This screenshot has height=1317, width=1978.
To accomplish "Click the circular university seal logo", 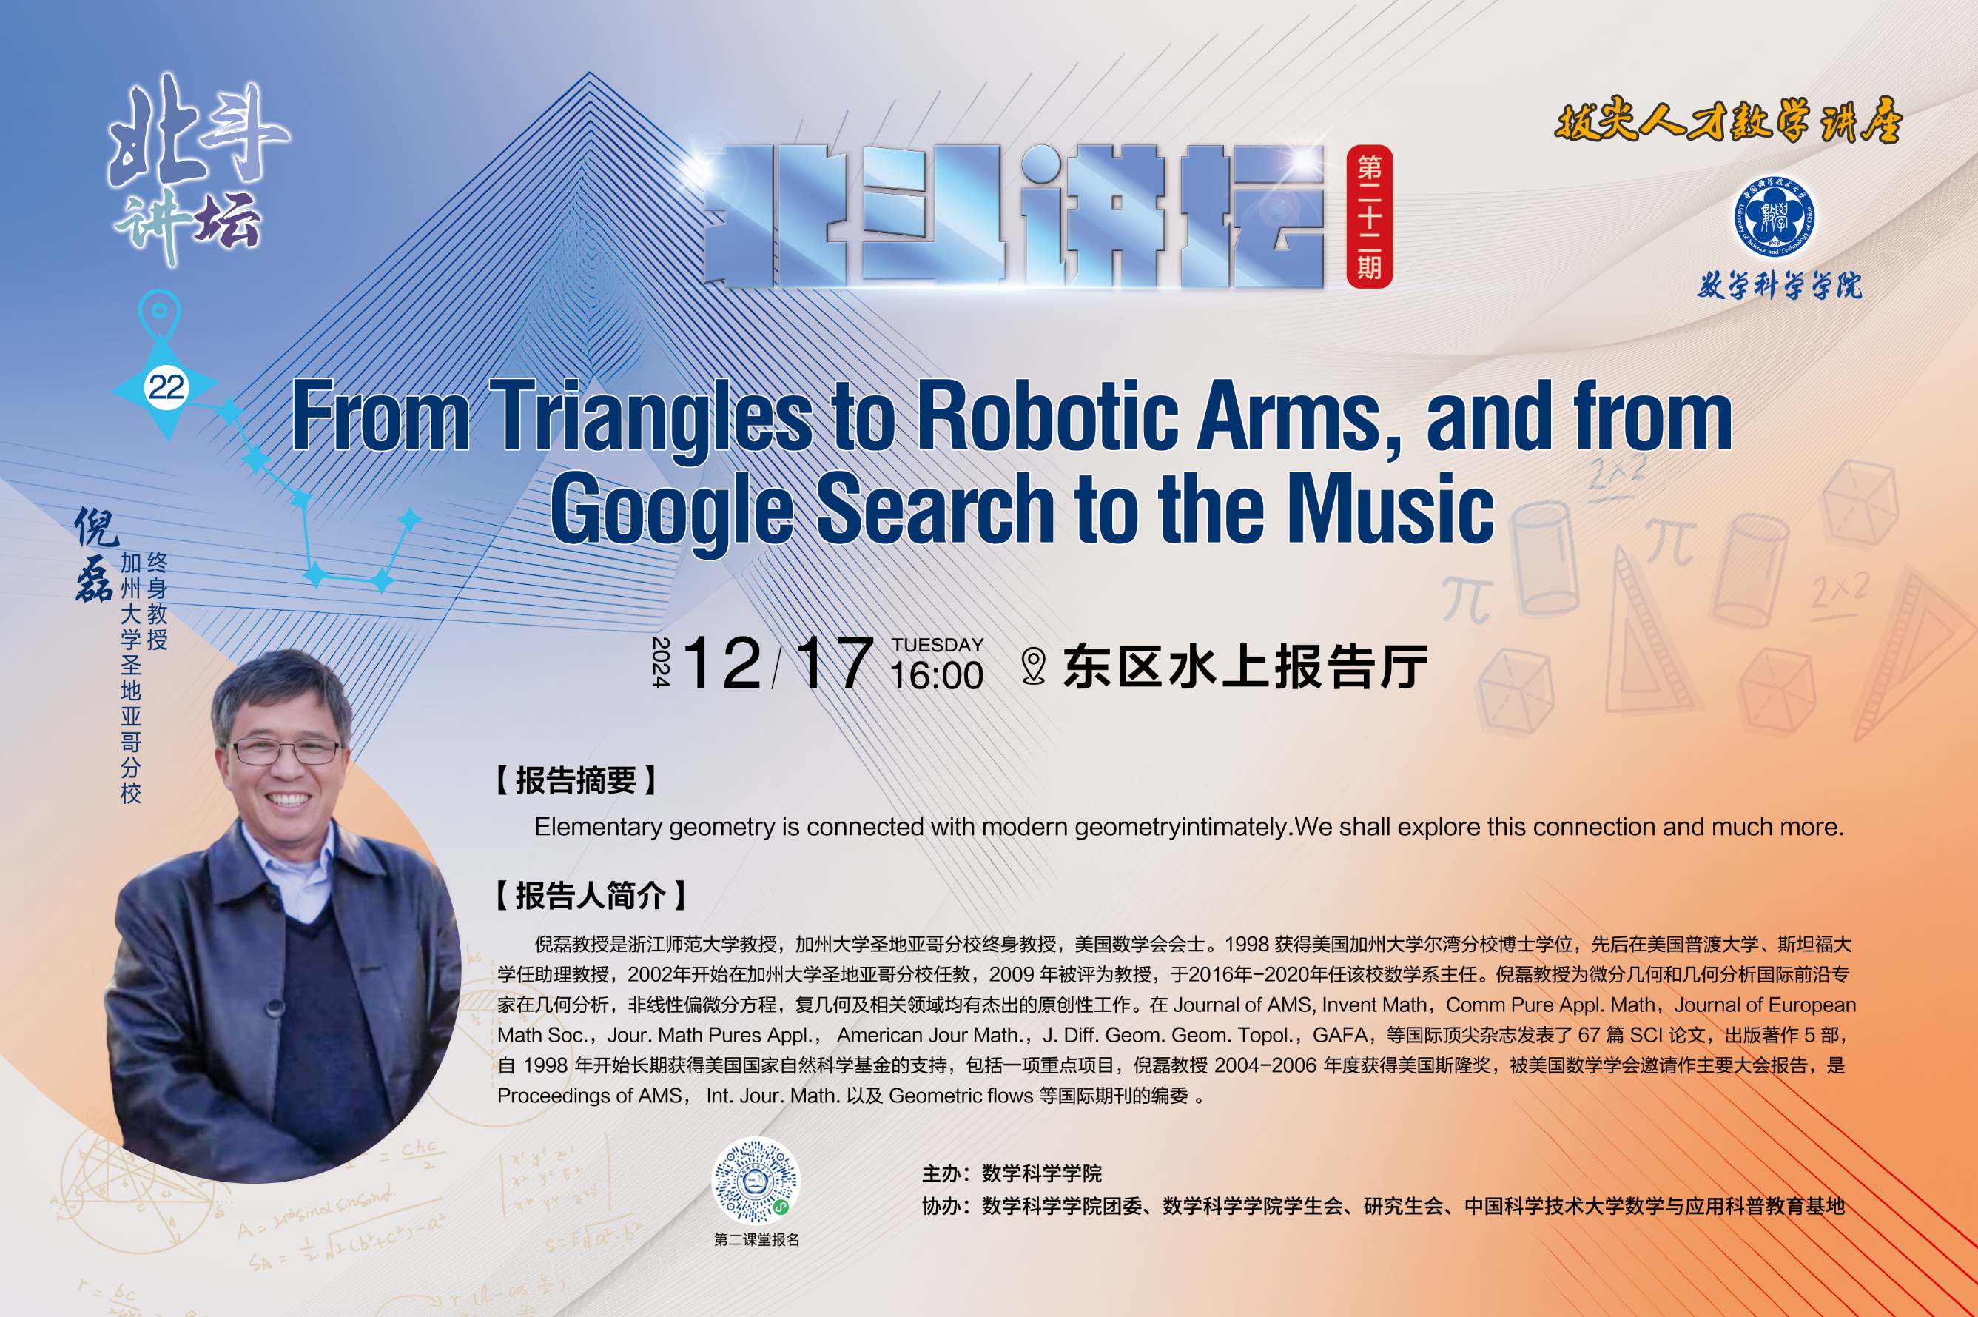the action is pyautogui.click(x=1774, y=217).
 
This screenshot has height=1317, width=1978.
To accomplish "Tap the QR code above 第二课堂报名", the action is pyautogui.click(x=756, y=1181).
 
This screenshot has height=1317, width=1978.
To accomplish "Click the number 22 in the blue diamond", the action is pyautogui.click(x=166, y=387).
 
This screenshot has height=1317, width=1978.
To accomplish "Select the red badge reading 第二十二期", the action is pyautogui.click(x=1369, y=217).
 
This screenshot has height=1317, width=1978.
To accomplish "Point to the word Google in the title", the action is pyautogui.click(x=673, y=509).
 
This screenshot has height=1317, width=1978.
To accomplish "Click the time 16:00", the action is pyautogui.click(x=936, y=675).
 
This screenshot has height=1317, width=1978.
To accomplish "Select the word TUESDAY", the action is pyautogui.click(x=937, y=645).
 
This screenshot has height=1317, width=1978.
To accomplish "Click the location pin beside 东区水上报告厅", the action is pyautogui.click(x=1034, y=666).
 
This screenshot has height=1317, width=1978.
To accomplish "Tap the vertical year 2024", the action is pyautogui.click(x=661, y=662).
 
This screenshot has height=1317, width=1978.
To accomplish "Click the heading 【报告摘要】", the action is pyautogui.click(x=576, y=780).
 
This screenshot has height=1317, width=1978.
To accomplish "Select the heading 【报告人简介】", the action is pyautogui.click(x=591, y=895).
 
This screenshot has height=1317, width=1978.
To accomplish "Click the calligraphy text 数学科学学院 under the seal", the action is pyautogui.click(x=1779, y=286).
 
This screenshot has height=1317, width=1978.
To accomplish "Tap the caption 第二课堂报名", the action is pyautogui.click(x=756, y=1240).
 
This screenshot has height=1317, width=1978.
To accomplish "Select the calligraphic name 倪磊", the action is pyautogui.click(x=95, y=554).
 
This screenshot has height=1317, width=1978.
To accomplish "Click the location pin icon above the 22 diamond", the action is pyautogui.click(x=160, y=316).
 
